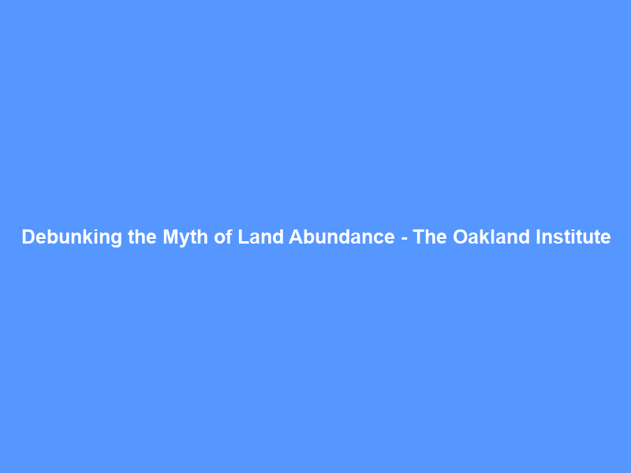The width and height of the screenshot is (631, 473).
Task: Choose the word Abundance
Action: [x=341, y=237]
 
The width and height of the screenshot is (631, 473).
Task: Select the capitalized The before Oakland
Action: [x=430, y=237]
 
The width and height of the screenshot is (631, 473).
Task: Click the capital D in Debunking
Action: [x=28, y=237]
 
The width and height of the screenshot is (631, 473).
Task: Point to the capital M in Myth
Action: [x=170, y=237]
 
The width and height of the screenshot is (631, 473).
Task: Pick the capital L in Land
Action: [x=243, y=237]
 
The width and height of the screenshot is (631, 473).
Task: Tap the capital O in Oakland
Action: [x=460, y=237]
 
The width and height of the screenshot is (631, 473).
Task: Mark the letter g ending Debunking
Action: [x=117, y=239]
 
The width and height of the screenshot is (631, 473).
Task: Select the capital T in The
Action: [x=419, y=237]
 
